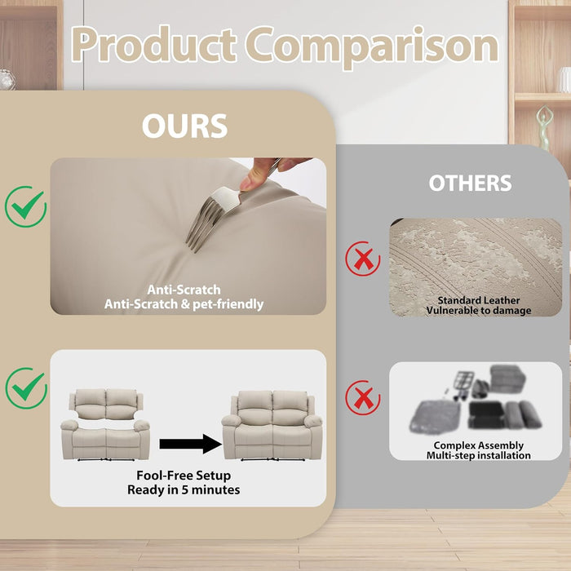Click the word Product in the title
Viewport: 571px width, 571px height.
coord(153,45)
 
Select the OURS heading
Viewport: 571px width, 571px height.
coord(184,126)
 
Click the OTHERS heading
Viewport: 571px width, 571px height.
coord(470,183)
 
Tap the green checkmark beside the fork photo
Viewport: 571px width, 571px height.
coord(25,206)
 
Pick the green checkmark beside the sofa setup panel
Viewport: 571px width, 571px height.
coord(26,387)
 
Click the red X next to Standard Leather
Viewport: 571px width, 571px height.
coord(363,259)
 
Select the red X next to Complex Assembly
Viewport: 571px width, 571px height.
coord(363,398)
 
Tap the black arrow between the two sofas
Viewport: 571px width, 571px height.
coord(190,444)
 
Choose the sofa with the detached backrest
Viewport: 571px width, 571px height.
coord(105,425)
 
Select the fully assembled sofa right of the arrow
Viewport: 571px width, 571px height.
coord(272,425)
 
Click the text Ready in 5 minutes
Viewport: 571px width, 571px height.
coord(184,489)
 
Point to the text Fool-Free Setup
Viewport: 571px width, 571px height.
coord(184,476)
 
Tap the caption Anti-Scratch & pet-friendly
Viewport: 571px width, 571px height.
coord(184,304)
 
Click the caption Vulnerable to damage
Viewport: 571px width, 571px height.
coord(479,311)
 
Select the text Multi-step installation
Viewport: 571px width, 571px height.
coord(479,455)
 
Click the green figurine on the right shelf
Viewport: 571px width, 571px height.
coord(545,128)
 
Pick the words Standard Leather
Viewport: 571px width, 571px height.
coord(479,300)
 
